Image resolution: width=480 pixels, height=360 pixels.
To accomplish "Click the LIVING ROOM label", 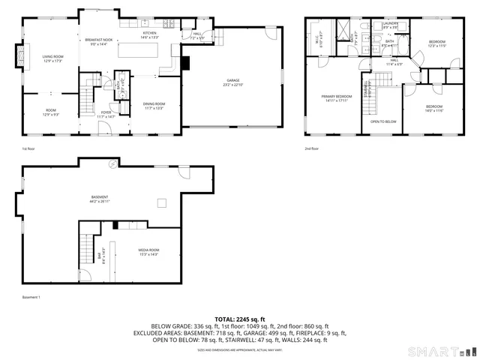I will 52,58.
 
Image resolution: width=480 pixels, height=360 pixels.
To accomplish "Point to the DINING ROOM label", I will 154,106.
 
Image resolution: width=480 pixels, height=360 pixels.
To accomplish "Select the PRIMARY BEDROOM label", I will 337,98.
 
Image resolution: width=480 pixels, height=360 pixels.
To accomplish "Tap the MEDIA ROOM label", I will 148,251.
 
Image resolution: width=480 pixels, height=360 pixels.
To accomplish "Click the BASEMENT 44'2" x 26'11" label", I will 99,199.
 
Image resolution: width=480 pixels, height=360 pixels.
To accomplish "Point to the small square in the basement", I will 161,202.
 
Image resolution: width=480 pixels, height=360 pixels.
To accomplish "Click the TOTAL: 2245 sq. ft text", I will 240,319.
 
